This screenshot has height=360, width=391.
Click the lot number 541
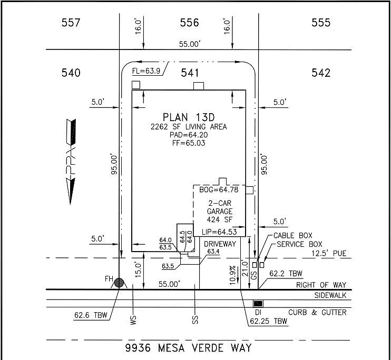190,73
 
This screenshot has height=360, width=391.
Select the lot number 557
71,23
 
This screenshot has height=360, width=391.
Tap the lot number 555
321,23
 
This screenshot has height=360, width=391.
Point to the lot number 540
71,73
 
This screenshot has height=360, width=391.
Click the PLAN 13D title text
189,117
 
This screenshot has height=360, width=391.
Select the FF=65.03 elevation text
189,143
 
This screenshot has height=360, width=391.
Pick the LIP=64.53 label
219,232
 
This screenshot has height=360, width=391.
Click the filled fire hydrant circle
120,283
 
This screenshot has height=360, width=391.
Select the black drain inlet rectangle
258,304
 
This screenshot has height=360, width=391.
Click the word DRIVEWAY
220,244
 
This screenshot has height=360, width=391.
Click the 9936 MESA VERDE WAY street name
188,348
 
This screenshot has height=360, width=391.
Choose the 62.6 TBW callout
91,316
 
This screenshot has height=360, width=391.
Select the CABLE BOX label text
293,235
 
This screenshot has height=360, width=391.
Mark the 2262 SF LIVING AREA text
189,126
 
